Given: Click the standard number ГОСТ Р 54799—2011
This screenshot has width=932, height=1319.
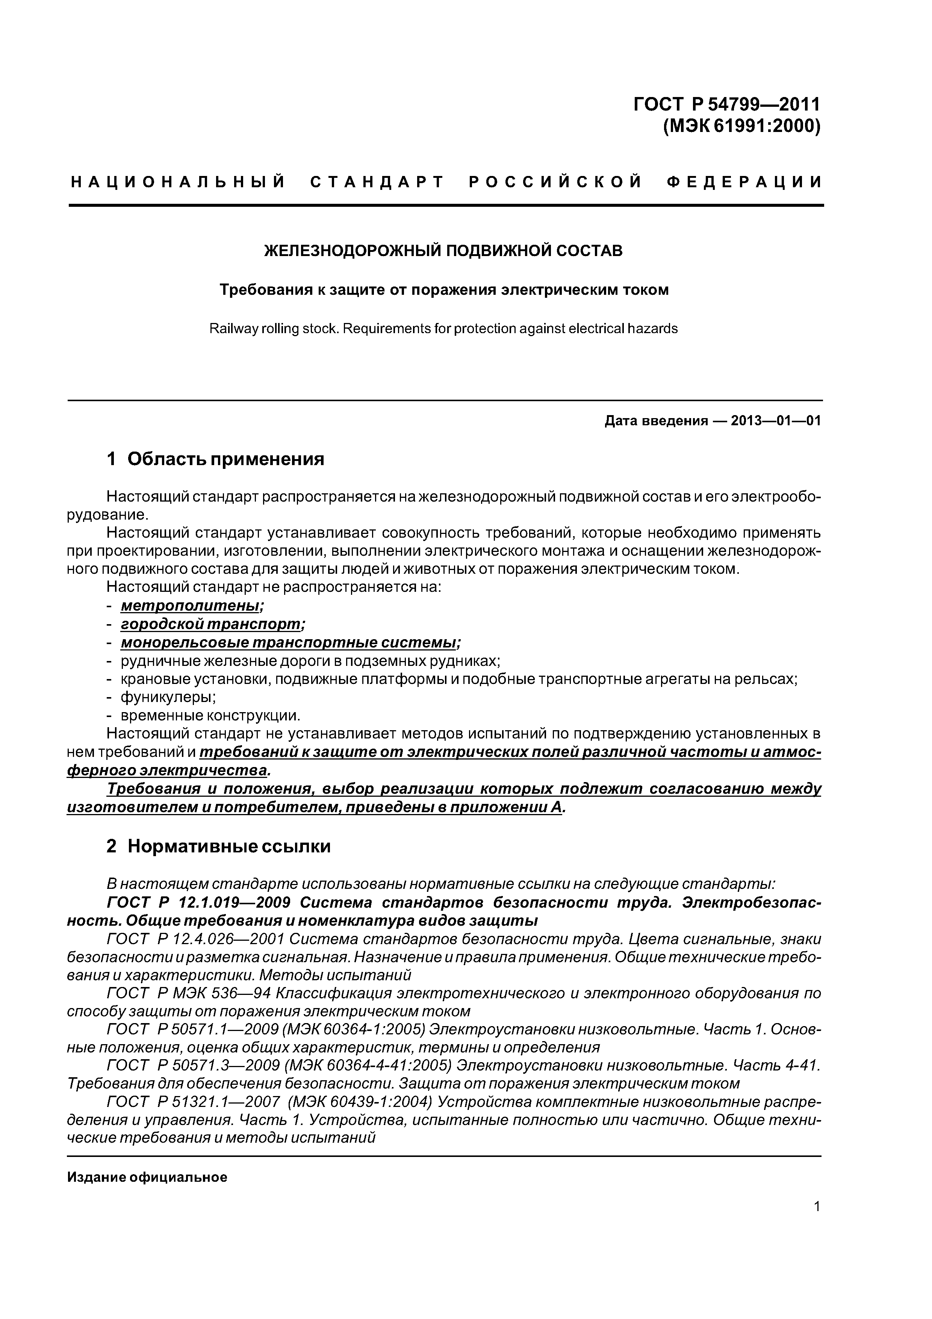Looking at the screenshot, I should point(726,105).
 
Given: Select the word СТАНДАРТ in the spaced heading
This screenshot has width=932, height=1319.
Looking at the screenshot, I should point(377,182).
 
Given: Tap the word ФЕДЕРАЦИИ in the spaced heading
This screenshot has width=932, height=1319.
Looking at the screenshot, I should point(745,182).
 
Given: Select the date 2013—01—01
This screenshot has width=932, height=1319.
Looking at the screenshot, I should point(775,421).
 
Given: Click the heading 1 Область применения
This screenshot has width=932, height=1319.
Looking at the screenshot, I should point(215,459).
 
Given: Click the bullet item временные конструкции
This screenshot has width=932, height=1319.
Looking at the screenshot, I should point(210,716).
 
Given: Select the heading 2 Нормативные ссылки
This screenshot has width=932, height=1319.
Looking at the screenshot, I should point(218,846).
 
